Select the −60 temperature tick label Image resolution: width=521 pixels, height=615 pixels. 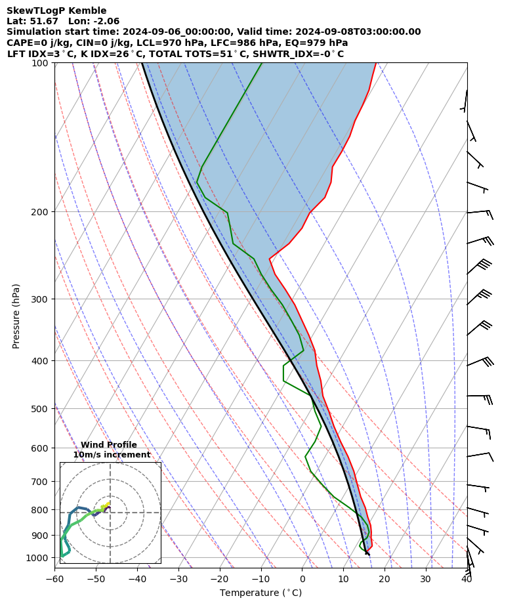click(x=54, y=579)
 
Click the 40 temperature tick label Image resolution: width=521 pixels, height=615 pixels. click(x=467, y=579)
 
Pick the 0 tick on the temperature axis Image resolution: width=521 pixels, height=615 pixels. click(x=302, y=579)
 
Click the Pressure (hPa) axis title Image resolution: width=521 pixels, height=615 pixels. click(x=16, y=316)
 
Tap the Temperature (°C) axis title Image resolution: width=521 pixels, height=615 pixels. click(x=260, y=593)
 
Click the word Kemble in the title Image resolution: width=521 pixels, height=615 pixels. click(x=89, y=11)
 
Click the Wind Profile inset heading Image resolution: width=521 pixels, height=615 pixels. click(x=109, y=445)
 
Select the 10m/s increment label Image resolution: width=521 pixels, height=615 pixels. click(x=112, y=454)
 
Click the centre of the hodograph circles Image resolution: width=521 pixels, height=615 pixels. click(x=110, y=513)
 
